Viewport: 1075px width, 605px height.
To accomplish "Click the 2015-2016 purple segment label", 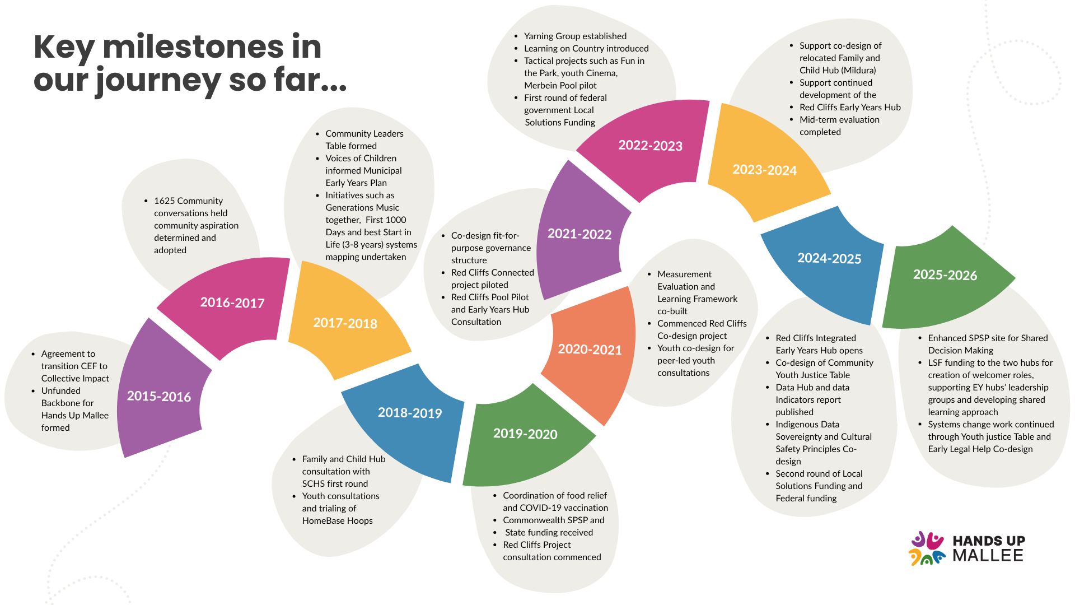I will tap(159, 397).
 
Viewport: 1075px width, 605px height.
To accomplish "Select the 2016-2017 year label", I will tap(232, 303).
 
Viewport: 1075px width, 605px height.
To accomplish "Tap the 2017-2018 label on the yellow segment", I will tap(345, 323).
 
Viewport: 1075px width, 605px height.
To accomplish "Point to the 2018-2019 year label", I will tap(410, 413).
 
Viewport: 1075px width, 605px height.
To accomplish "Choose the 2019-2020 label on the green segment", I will tap(525, 434).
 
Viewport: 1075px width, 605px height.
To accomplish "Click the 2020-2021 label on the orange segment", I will tap(590, 350).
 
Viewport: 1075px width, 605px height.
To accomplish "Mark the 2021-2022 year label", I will tap(579, 234).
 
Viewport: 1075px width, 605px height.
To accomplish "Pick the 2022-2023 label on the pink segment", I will tap(650, 146).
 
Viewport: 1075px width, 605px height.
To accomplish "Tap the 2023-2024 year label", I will tap(764, 170).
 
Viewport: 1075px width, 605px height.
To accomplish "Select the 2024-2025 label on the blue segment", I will tap(829, 258).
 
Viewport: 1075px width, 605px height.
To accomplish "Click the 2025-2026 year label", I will tap(945, 275).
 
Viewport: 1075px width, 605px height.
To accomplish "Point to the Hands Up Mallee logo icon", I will tap(927, 548).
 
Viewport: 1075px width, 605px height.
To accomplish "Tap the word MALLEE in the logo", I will tap(988, 556).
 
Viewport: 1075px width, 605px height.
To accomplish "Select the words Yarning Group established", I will tap(575, 36).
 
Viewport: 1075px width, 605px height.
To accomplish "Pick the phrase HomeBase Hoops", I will tap(337, 520).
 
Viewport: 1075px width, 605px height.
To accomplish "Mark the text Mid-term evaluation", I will tap(839, 119).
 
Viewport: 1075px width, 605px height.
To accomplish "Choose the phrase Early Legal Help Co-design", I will tap(980, 449).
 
